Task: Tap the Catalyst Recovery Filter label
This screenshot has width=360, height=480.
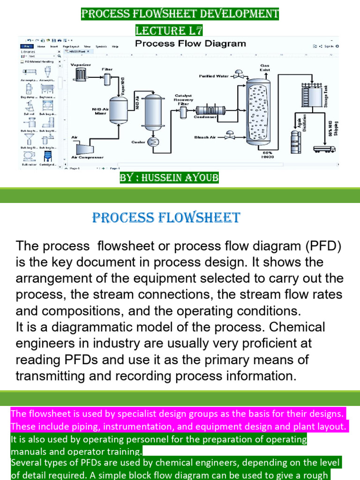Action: point(183,99)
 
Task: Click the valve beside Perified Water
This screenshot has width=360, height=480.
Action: point(239,75)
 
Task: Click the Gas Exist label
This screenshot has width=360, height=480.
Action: point(265,68)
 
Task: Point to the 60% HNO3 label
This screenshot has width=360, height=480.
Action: point(268,155)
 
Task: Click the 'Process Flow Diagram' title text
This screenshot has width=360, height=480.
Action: point(190,44)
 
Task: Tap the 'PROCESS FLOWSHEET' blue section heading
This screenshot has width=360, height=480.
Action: point(166,218)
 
